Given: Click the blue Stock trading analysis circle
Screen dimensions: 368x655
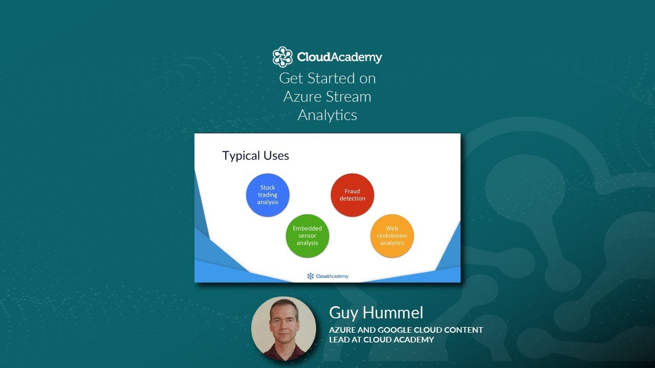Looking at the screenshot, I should (268, 195).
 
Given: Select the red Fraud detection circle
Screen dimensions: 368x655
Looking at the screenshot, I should (352, 195).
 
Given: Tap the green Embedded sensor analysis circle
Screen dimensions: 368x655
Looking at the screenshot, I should (307, 236).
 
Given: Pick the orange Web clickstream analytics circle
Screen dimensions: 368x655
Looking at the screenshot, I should (392, 236).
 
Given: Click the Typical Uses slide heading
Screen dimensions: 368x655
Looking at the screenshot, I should (255, 156).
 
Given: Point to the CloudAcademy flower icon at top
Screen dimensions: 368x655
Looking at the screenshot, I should (282, 57).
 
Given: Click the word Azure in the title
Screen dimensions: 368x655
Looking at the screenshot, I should (302, 97).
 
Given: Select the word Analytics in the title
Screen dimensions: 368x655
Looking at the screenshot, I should (327, 115).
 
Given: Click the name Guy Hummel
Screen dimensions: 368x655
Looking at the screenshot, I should (376, 312).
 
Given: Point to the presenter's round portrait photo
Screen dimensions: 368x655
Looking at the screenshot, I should (283, 328).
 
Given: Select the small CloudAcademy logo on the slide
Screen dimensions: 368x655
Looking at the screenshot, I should (327, 276).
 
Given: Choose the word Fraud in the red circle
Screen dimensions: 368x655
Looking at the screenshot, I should (352, 191).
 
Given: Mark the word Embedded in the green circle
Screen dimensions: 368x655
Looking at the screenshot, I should (307, 228).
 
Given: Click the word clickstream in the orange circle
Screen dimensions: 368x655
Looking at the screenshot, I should (392, 236).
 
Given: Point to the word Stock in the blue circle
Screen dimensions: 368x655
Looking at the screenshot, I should (268, 188).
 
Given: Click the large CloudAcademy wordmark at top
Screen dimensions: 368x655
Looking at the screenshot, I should (339, 57).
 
